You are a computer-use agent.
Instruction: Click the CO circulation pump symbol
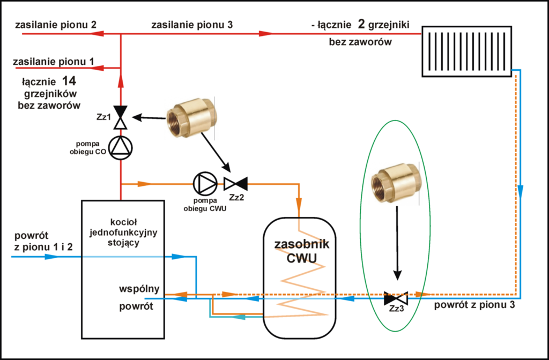click(121, 146)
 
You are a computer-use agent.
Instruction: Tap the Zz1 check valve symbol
click(121, 117)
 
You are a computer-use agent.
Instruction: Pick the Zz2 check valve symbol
click(235, 183)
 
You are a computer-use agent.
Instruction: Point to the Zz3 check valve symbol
click(396, 296)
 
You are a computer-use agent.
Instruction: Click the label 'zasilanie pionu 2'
click(56, 25)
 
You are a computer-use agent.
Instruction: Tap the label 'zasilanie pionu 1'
click(55, 62)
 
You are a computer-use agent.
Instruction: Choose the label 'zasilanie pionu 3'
click(192, 25)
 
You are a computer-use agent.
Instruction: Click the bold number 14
click(68, 82)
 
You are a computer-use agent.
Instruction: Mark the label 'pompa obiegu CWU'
click(204, 205)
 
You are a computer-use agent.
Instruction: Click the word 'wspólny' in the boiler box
click(139, 289)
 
